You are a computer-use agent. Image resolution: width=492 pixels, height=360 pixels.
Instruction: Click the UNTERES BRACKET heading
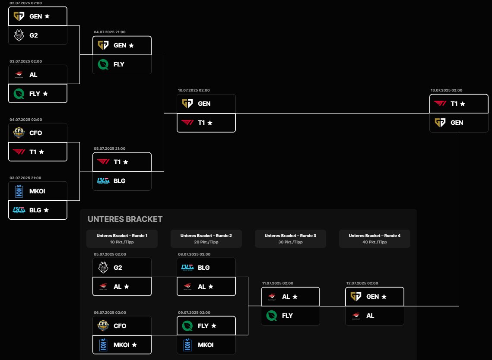[125, 219]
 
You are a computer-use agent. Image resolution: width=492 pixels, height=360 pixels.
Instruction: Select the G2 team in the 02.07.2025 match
[38, 35]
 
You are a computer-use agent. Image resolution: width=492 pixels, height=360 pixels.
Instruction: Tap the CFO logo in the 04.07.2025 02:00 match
[19, 133]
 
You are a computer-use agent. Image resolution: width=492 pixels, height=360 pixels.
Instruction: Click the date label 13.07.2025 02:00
[446, 91]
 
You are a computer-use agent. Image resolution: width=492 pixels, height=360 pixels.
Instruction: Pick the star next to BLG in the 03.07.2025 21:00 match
[47, 210]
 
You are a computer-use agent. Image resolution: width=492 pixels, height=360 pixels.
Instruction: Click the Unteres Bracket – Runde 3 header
[290, 236]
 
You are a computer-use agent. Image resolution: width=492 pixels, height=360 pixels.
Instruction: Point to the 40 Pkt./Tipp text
[375, 242]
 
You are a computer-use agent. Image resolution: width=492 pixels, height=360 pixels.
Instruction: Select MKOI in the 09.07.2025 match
[206, 345]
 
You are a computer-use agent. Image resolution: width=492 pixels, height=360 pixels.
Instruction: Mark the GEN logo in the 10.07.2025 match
[187, 104]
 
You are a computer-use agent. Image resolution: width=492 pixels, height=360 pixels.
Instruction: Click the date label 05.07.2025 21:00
[109, 148]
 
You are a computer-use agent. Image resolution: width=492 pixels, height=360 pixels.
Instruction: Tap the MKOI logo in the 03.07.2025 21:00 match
[19, 191]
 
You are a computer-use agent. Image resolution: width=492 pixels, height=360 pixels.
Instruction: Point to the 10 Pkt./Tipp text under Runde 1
[122, 242]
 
